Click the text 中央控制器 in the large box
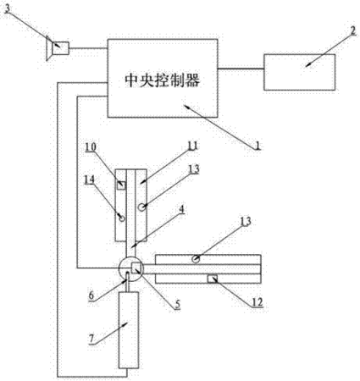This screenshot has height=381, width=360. [163, 80]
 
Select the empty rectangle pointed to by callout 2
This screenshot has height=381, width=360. [300, 72]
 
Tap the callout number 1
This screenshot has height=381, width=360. [258, 146]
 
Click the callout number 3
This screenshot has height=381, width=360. [8, 8]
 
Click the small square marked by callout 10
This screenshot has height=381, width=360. [121, 185]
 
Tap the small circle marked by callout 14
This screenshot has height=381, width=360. [122, 218]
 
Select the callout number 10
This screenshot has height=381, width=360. [91, 147]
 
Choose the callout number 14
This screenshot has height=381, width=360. [89, 179]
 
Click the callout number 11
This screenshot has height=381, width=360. [193, 146]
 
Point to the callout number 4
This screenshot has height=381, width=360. [181, 210]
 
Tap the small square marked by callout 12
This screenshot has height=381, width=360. [213, 279]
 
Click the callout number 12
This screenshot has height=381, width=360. [257, 302]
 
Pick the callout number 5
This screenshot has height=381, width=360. [177, 304]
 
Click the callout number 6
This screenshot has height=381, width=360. [91, 295]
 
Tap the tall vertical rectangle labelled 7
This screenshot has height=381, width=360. [129, 330]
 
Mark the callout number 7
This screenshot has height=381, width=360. [91, 340]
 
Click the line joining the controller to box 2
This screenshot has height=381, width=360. [241, 69]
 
